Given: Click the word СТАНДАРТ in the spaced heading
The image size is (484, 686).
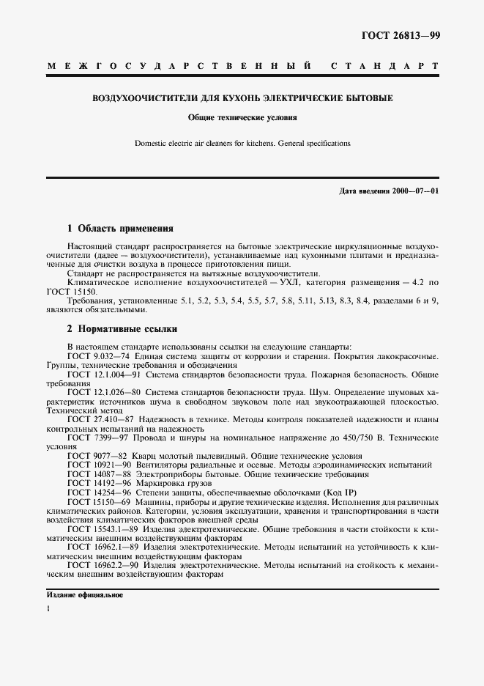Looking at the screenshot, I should [x=384, y=67].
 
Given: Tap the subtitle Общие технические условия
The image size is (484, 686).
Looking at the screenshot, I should [x=242, y=117].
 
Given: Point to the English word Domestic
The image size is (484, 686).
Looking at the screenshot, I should [x=152, y=144].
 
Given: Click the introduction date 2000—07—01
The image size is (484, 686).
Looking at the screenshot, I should [x=413, y=191].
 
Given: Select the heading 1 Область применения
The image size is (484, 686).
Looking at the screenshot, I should [x=120, y=228].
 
